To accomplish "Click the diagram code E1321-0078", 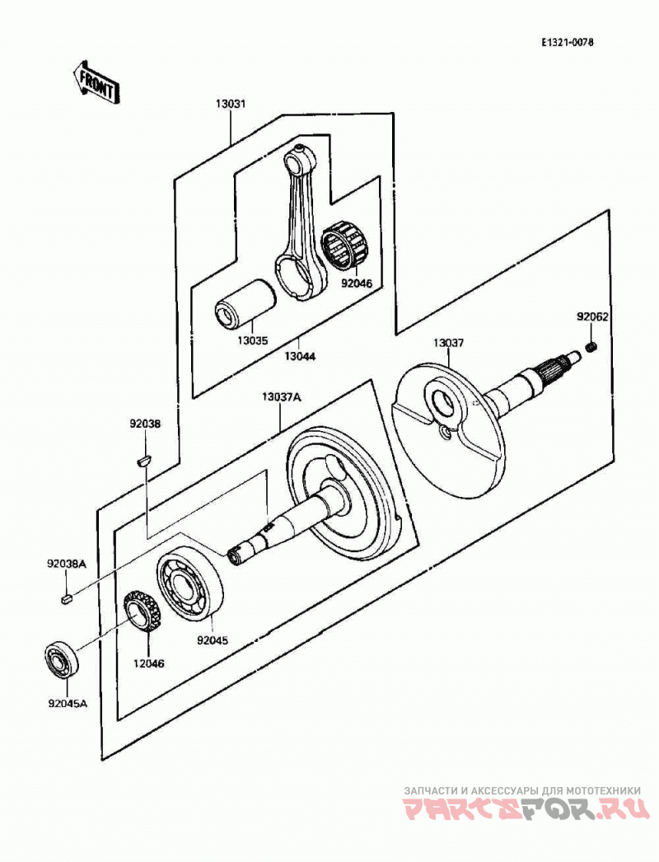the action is (x=568, y=42).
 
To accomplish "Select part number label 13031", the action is (x=231, y=104).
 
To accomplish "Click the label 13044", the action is (x=300, y=356).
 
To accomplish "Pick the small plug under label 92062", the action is (x=592, y=346).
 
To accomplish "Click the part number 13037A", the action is (x=282, y=397).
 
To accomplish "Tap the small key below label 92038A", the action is (x=67, y=598).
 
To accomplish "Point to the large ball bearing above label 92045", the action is (x=190, y=587).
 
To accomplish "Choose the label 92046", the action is (x=356, y=283).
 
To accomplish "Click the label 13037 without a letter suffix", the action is (x=448, y=343).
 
